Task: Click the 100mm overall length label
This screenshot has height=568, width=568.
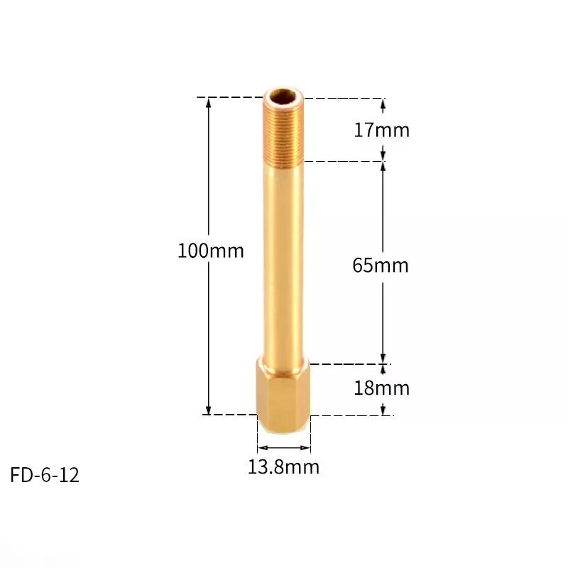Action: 210,251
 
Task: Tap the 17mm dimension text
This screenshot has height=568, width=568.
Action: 381,130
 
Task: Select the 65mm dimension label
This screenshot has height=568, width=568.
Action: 381,266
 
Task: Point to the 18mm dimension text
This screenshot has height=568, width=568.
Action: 381,388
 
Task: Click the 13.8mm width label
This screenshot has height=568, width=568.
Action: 283,467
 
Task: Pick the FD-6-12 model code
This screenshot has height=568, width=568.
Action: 45,475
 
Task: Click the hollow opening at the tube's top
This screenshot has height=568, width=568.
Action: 283,95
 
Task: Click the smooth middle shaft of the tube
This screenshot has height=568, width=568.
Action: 283,263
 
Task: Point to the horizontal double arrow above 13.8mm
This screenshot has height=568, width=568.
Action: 283,448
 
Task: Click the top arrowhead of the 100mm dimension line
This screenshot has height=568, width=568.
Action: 209,102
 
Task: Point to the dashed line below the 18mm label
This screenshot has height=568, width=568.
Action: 351,415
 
